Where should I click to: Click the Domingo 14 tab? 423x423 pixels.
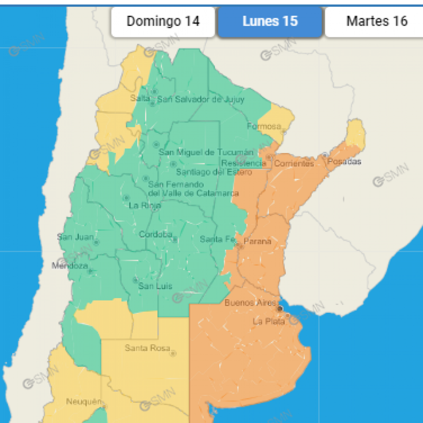[x=163, y=22]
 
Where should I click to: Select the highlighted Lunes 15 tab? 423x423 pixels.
[x=270, y=22]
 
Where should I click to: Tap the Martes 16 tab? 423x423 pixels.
[x=377, y=22]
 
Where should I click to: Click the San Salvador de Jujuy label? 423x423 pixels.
[x=197, y=99]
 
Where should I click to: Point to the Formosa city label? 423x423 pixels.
[x=263, y=126]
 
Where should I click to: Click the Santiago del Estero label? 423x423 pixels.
[x=214, y=172]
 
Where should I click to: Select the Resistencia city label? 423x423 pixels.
[x=243, y=163]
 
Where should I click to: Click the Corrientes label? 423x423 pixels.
[x=294, y=163]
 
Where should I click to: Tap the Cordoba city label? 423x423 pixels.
[x=155, y=235]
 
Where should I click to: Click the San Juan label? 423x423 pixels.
[x=75, y=237]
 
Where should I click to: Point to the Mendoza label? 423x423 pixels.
[x=69, y=266]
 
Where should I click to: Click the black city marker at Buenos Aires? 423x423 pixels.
[x=280, y=308]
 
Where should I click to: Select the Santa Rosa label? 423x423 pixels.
[x=147, y=348]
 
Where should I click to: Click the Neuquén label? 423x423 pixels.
[x=83, y=401]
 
